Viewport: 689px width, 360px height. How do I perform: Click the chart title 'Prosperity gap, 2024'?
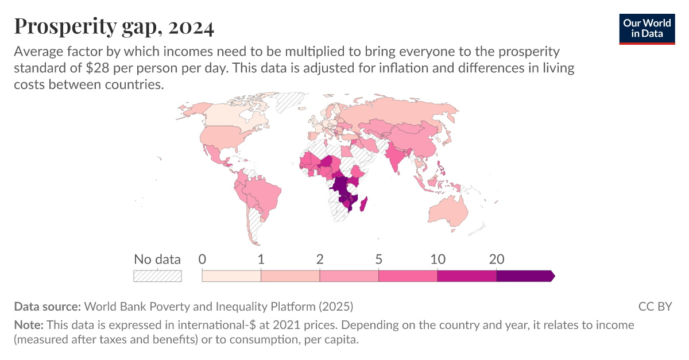pyautogui.click(x=114, y=26)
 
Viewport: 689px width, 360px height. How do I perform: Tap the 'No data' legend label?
pyautogui.click(x=157, y=259)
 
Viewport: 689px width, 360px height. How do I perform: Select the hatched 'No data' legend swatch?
pyautogui.click(x=157, y=276)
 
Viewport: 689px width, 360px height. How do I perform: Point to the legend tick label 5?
pyautogui.click(x=379, y=259)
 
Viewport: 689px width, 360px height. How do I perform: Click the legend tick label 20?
pyautogui.click(x=496, y=259)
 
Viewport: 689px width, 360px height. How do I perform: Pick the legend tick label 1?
pyautogui.click(x=261, y=259)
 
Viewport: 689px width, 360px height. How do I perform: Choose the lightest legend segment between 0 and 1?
pyautogui.click(x=231, y=276)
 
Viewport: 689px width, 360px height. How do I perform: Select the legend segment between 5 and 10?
pyautogui.click(x=408, y=276)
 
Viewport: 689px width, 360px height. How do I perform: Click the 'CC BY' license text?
pyautogui.click(x=655, y=307)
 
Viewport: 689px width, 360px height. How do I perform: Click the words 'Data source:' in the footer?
pyautogui.click(x=48, y=307)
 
